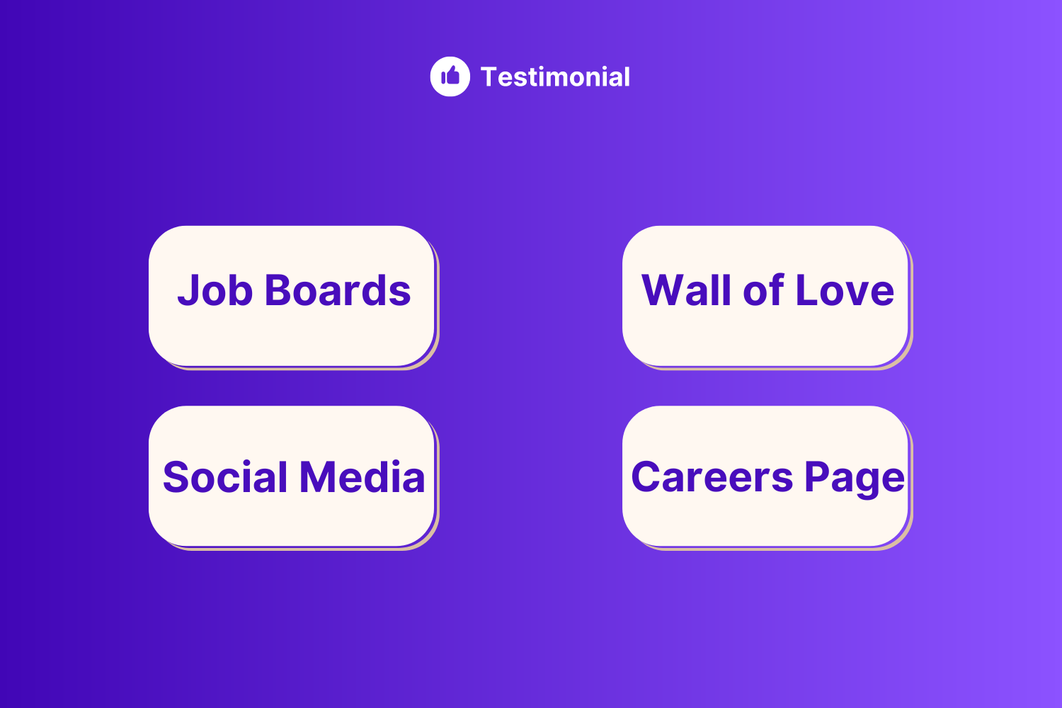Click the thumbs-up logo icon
450,76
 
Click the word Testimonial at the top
555,76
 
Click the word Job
215,290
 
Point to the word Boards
338,290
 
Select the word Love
845,290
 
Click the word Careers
712,477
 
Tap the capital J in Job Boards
187,290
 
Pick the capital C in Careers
646,477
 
